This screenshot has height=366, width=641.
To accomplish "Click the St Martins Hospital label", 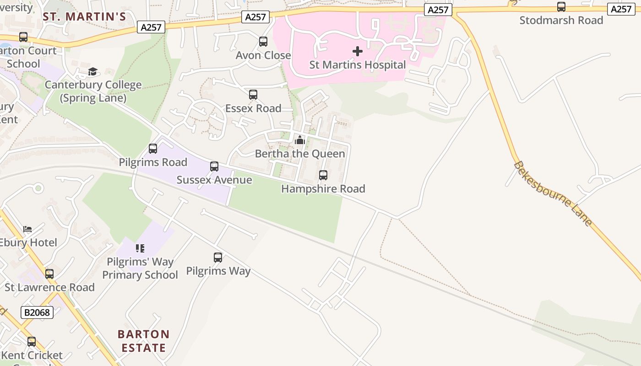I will coord(358,65).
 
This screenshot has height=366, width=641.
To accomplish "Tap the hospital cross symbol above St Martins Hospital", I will coord(358,51).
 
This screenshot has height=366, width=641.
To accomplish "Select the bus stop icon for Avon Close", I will coord(263,42).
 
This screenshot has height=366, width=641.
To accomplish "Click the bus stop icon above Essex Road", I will coord(253,95).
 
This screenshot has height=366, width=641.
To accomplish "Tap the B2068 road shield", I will coord(37,312).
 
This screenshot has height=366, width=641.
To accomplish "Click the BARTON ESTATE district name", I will coord(144,341).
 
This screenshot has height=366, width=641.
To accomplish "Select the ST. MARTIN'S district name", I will coord(84,17).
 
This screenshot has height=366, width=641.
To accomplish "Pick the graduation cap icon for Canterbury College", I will coord(93,71).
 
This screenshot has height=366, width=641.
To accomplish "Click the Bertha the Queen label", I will coord(300,154).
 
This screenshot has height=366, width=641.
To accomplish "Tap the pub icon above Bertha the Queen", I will coord(300,140).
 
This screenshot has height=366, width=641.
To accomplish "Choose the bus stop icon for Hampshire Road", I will coord(323,175).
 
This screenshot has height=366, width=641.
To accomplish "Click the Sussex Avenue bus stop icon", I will coord(214,167).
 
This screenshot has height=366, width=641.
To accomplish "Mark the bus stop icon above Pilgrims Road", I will coord(153,149).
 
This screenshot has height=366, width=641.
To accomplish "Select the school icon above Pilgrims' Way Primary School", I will coord(140,248).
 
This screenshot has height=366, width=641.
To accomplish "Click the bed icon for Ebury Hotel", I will coord(27,229).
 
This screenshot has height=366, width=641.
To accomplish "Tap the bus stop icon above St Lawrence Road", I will coord(49,274).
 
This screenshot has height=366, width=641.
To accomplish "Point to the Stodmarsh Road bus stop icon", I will coord(561,7).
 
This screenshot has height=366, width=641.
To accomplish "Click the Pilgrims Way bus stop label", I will coord(218,271).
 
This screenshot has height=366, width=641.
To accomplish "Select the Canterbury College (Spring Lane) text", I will coord(93,91).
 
